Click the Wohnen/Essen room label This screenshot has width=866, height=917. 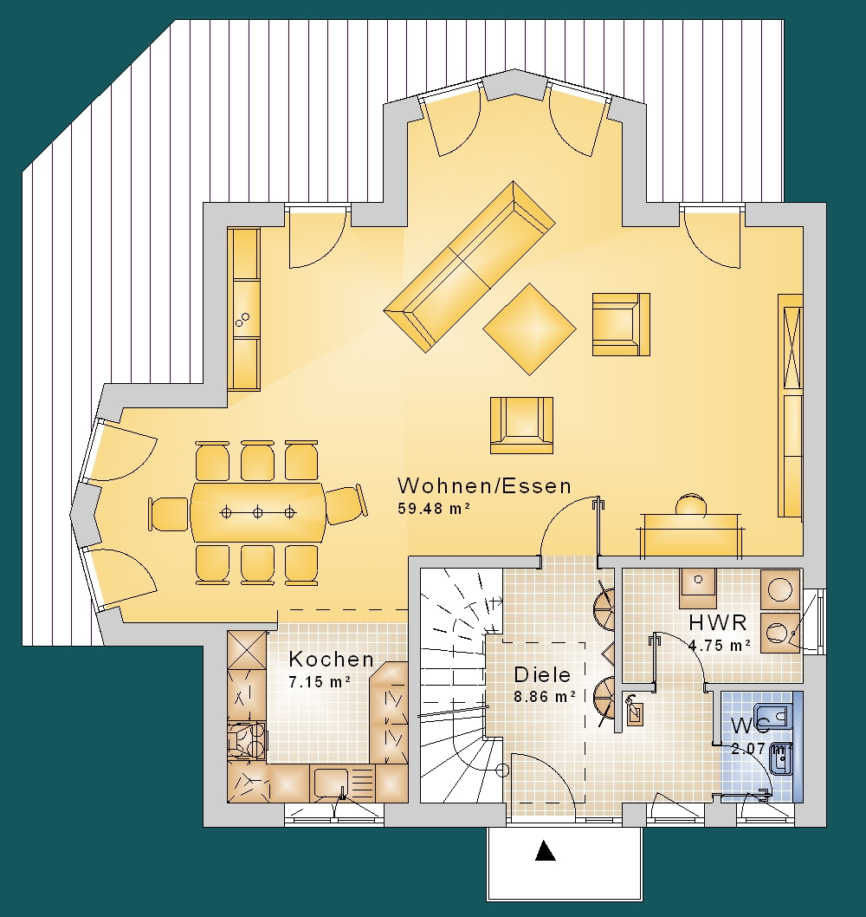484,486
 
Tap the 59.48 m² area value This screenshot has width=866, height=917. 434,508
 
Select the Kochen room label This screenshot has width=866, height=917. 332,659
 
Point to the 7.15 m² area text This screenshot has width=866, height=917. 320,681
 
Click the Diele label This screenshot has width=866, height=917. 542,675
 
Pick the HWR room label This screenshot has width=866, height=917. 718,622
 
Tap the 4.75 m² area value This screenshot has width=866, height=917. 720,645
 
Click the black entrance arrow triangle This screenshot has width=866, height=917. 546,851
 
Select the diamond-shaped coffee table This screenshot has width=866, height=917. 529,329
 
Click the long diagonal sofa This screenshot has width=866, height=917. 469,267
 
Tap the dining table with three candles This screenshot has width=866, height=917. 258,512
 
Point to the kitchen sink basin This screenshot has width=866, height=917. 331,783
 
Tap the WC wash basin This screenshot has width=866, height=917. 780,759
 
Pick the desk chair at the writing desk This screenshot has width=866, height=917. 691,504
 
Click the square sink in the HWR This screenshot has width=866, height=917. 698,589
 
